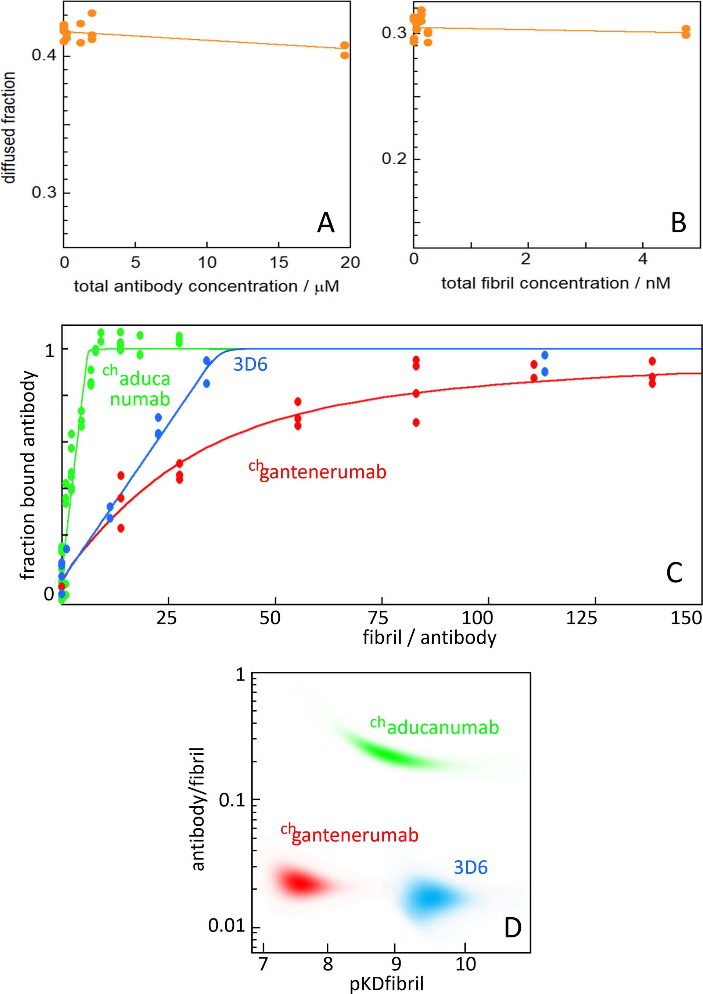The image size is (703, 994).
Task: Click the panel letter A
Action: [326, 223]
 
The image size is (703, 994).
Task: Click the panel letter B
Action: [678, 223]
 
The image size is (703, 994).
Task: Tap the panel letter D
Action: [513, 928]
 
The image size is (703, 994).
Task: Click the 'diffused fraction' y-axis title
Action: [9, 128]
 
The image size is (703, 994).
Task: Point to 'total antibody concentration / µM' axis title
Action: [206, 286]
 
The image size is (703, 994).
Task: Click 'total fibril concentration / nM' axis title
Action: [556, 283]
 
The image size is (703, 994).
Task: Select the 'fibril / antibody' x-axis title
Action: [430, 637]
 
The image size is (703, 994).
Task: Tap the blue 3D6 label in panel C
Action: [250, 365]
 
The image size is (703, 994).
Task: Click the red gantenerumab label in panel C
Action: [318, 471]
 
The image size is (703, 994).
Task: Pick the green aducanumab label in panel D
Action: [435, 727]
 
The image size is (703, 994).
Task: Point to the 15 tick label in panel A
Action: [279, 262]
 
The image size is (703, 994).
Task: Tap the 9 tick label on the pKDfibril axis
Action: [395, 964]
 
